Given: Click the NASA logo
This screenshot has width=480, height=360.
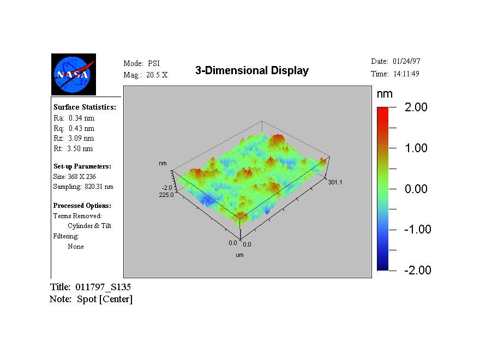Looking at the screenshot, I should [74, 74].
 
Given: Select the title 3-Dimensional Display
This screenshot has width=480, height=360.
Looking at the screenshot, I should [252, 70].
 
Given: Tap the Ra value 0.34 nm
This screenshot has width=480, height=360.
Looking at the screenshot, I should [81, 118].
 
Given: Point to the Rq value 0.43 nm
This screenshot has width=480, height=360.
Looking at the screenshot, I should [81, 128].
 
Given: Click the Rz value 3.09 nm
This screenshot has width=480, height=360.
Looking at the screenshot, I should [81, 139].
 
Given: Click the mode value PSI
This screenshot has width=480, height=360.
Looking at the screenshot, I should [154, 64].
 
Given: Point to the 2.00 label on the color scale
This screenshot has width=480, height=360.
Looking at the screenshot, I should [416, 107].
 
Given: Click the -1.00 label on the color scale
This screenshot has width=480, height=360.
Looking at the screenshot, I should [417, 230].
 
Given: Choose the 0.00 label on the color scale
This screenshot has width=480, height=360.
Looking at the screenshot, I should [416, 189].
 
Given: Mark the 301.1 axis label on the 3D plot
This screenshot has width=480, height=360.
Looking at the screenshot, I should [334, 182].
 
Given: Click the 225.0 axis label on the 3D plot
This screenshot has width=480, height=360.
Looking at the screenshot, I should [166, 194].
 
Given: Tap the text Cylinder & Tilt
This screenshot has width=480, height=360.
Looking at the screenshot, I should [89, 226].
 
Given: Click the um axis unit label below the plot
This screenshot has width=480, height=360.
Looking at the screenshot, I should [239, 255].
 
